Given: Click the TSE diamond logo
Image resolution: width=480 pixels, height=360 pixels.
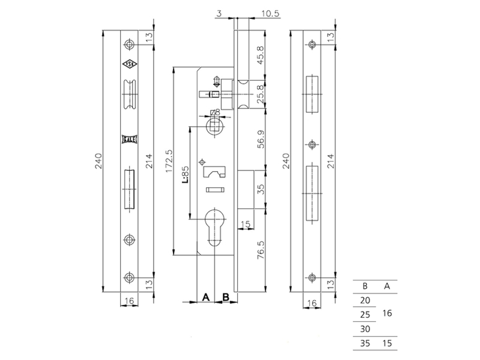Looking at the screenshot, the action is (x=130, y=64).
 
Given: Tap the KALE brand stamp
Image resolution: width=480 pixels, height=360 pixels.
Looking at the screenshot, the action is (x=130, y=139).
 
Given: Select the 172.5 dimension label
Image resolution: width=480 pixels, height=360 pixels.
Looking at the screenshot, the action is (x=169, y=161).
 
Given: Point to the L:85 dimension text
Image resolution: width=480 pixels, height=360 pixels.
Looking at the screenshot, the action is (x=185, y=175).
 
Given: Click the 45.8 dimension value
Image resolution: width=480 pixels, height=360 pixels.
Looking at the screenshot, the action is (x=260, y=55).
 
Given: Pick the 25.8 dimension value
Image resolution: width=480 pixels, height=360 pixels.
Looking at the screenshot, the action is (x=260, y=94).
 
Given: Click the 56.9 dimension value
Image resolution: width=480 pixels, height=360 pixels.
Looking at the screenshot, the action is (x=261, y=139).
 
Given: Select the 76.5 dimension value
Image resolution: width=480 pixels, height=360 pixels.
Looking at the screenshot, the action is (x=261, y=250).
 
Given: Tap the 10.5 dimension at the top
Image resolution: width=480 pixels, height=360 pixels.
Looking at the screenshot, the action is (x=270, y=13).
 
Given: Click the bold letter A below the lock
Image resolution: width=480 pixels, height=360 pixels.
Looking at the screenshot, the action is (x=206, y=297).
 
